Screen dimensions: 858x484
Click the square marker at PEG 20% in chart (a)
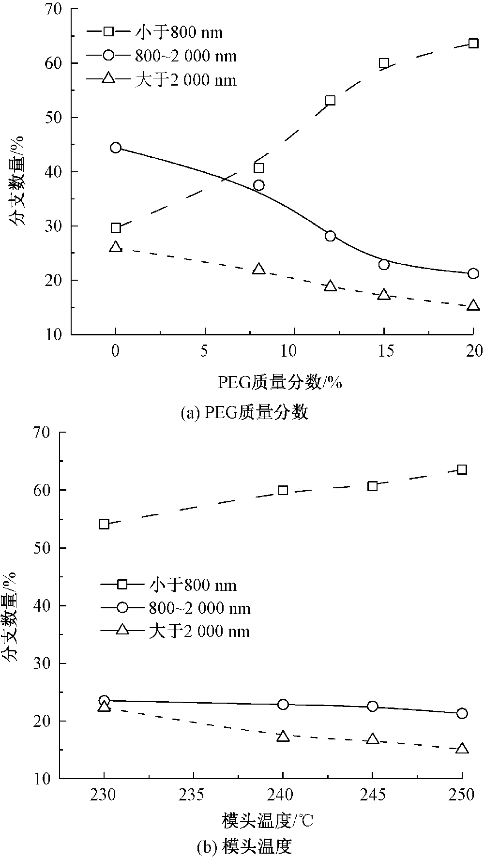click(x=473, y=44)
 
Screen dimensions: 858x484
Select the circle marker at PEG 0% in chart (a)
click(x=116, y=148)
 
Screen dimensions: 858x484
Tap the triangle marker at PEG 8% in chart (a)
click(x=259, y=269)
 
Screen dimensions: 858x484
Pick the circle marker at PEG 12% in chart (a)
click(x=330, y=236)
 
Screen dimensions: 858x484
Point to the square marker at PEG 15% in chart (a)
click(x=384, y=63)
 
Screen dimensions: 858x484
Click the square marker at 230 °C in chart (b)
click(x=104, y=524)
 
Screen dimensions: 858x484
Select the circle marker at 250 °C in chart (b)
click(x=462, y=713)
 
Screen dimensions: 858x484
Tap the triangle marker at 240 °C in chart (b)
click(x=283, y=737)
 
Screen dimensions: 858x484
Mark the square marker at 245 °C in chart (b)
click(x=372, y=486)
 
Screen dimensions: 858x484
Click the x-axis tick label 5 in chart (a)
click(x=205, y=351)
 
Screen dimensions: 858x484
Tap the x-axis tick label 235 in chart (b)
click(x=193, y=795)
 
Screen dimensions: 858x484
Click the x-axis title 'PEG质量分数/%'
click(x=279, y=383)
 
